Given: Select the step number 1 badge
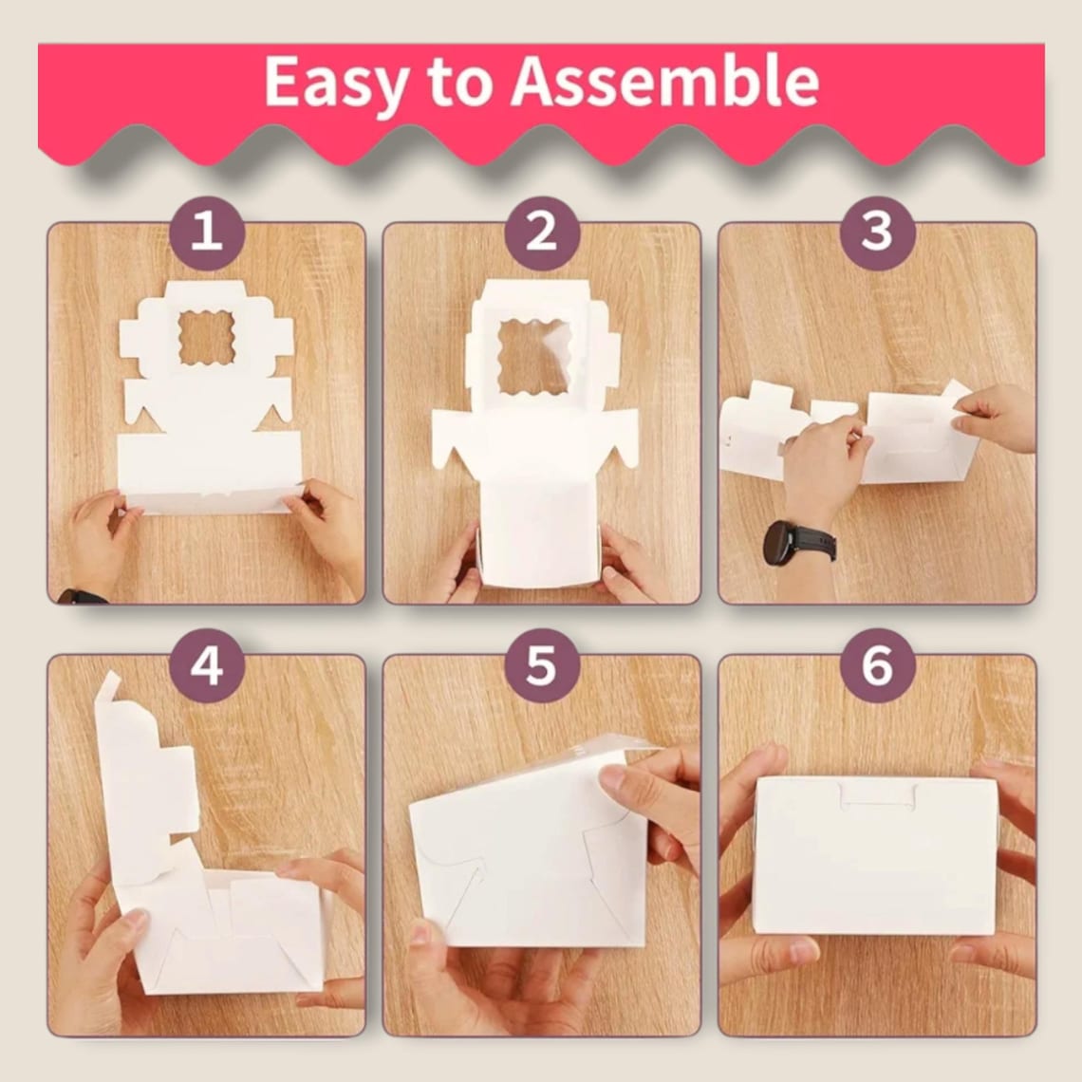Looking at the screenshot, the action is pyautogui.click(x=207, y=232).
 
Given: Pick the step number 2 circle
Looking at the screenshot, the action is pyautogui.click(x=542, y=232).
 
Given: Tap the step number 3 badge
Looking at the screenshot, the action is pyautogui.click(x=877, y=232).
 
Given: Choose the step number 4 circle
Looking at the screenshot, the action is pyautogui.click(x=207, y=665).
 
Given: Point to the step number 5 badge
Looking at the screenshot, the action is pyautogui.click(x=542, y=665).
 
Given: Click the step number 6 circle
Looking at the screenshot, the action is pyautogui.click(x=877, y=665).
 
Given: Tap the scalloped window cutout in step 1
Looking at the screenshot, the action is pyautogui.click(x=206, y=338).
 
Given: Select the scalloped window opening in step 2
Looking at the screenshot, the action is pyautogui.click(x=533, y=357).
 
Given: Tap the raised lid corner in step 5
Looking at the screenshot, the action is pyautogui.click(x=607, y=749).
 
